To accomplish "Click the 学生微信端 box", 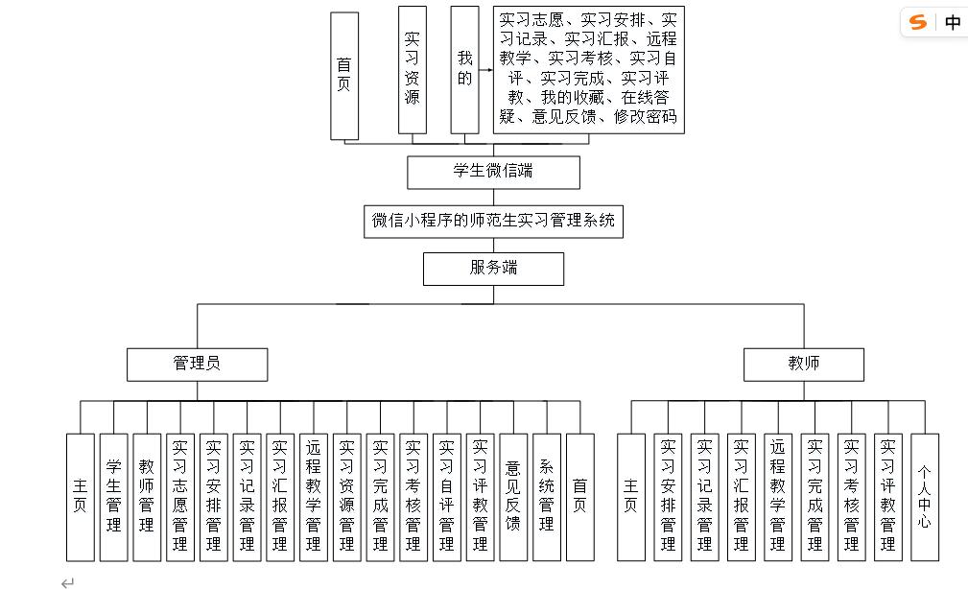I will (493, 173).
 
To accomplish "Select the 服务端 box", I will (493, 269).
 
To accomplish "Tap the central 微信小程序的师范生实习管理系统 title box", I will (493, 222).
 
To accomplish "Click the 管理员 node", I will (197, 364).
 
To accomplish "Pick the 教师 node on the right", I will (804, 364).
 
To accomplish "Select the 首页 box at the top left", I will (344, 76).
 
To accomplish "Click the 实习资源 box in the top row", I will (412, 69).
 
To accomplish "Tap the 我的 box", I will (464, 69).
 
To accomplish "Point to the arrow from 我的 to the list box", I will (485, 70).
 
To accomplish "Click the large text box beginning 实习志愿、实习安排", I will (588, 70).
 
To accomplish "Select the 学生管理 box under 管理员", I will (113, 497).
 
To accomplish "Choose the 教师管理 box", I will (147, 497).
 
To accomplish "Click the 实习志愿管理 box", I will (179, 497).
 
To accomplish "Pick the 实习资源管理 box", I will (346, 497).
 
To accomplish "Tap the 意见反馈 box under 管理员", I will (513, 497).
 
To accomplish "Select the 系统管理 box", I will (547, 497).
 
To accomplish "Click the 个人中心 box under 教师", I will (924, 497).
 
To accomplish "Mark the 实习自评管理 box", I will (446, 497).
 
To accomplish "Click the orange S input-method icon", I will (919, 22).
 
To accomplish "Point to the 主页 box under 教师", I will (630, 497).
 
